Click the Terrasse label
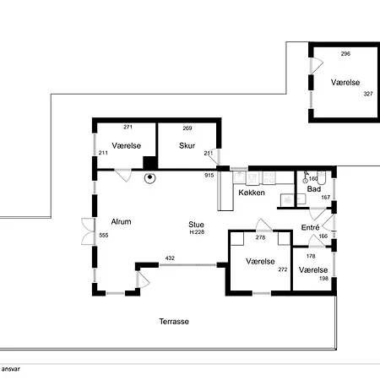(174, 322)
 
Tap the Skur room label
(187, 145)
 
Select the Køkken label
(252, 193)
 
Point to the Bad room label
(314, 189)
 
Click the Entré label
(310, 227)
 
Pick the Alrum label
(121, 222)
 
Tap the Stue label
(196, 225)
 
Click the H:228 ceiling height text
(197, 232)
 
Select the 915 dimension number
(209, 176)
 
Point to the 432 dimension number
(170, 258)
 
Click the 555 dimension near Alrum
(104, 236)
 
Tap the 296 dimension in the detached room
(345, 54)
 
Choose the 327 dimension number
(368, 94)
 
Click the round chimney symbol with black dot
(150, 177)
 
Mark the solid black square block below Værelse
(149, 163)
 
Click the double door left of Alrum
(89, 231)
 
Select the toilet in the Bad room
(321, 176)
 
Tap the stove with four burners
(269, 178)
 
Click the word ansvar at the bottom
(11, 369)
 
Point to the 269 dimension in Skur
(187, 128)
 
